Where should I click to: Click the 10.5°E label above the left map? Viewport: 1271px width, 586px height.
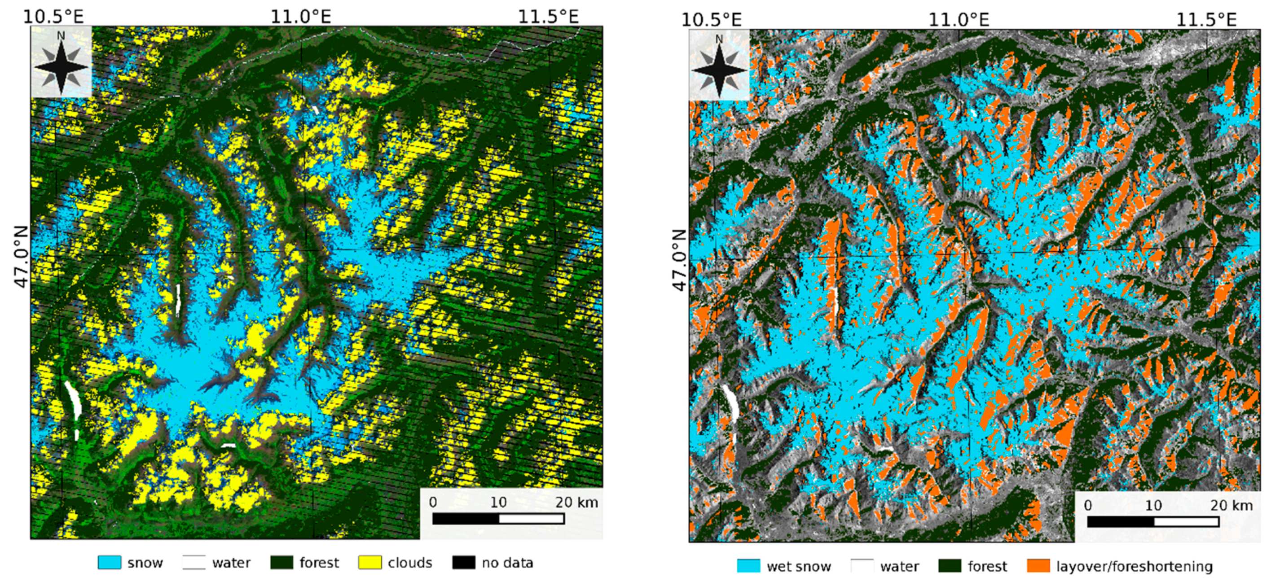53,17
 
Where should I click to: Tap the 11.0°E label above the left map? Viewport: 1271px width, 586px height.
300,17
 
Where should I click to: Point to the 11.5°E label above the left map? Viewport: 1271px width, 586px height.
548,17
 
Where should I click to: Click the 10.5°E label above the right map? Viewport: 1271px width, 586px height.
712,20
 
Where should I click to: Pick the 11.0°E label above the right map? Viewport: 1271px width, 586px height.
959,20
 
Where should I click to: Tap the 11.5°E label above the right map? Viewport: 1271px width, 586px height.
1206,20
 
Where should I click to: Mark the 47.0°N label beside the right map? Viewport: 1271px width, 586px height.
680,260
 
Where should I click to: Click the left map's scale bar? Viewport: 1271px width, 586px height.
498,518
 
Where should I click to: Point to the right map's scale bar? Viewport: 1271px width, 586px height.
1153,521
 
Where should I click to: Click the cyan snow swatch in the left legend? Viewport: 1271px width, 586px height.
109,563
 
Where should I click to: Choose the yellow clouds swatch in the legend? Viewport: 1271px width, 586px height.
369,563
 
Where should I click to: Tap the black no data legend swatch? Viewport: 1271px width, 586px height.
464,563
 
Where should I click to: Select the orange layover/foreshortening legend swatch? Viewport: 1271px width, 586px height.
1038,566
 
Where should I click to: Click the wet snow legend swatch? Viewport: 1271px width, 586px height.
748,566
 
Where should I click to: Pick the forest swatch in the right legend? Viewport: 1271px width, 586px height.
949,566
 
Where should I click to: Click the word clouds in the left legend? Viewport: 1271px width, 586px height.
409,563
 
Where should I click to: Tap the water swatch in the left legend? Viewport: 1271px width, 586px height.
194,563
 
